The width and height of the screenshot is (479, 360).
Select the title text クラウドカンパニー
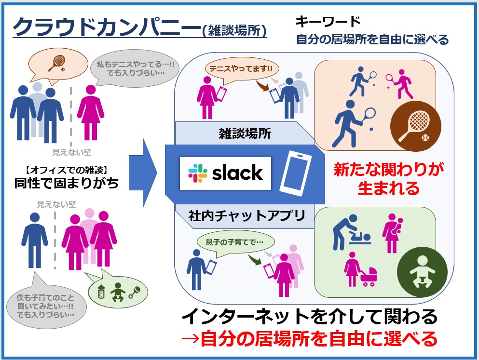[x=104, y=28]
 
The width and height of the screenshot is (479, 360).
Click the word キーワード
[x=328, y=22]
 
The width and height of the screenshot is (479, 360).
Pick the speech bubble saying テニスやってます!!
[x=239, y=68]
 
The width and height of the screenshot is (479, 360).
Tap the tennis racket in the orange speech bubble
[x=57, y=63]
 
